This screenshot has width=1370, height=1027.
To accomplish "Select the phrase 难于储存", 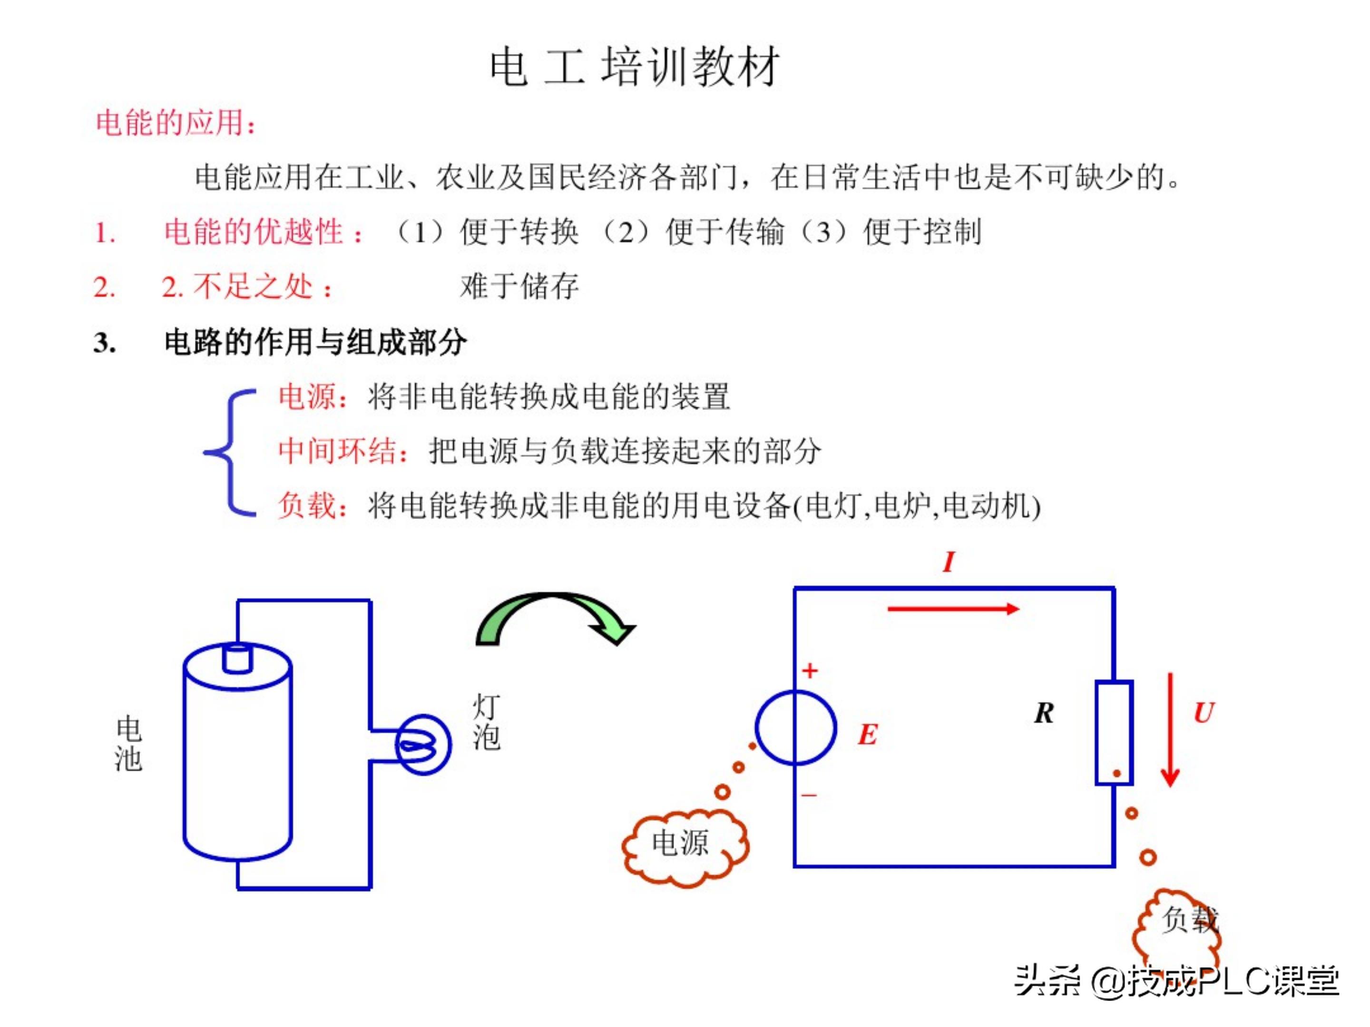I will coord(519,287).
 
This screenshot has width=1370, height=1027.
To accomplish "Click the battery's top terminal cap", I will coord(237,658).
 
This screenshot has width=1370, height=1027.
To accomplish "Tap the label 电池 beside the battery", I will coord(128,744).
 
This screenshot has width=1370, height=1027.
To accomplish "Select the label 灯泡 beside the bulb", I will coord(486,722).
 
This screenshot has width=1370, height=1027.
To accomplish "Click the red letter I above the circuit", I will coord(948,562).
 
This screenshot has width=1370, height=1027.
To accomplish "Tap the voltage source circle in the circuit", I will coord(796,728).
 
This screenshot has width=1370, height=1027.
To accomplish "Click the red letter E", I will coord(868,735).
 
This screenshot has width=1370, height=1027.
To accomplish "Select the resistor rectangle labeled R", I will coord(1114,732).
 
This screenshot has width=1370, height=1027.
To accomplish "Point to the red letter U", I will coord(1204,713).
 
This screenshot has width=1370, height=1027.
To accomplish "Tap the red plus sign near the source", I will coord(810,670).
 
